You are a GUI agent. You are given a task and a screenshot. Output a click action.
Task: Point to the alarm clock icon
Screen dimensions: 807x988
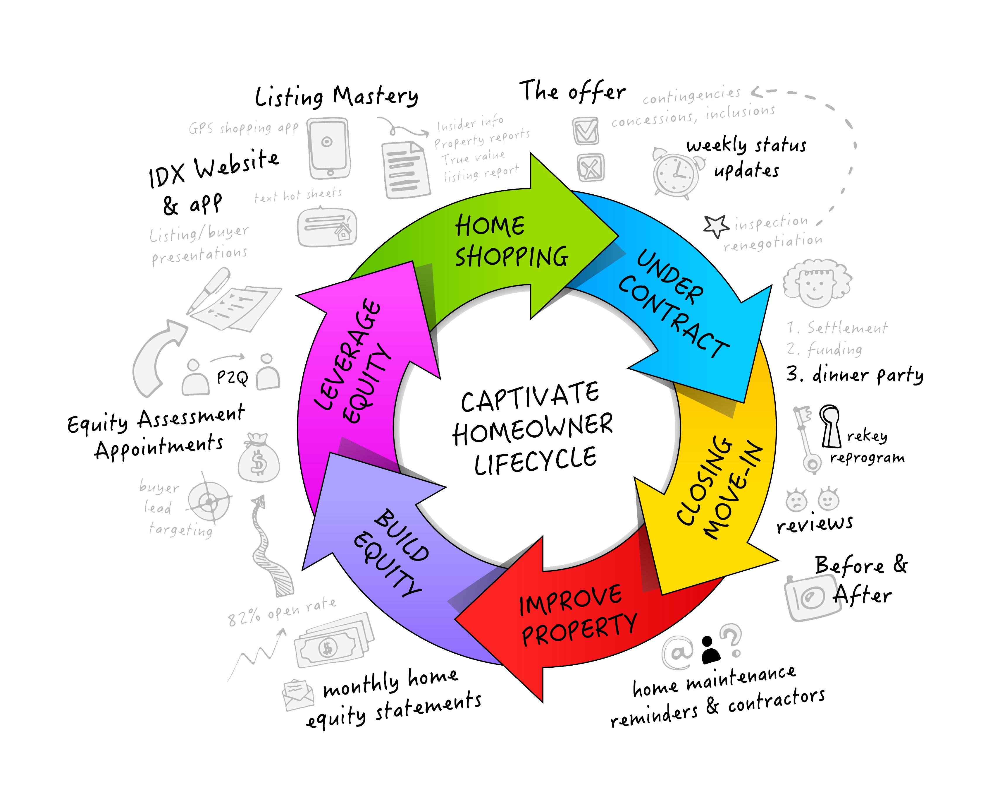coord(676,172)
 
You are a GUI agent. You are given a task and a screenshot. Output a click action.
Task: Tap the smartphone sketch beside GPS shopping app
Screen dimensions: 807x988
coord(329,148)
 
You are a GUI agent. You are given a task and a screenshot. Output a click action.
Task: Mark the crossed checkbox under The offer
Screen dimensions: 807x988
coord(591,167)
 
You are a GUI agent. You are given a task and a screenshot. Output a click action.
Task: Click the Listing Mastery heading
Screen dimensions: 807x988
coord(336,96)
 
